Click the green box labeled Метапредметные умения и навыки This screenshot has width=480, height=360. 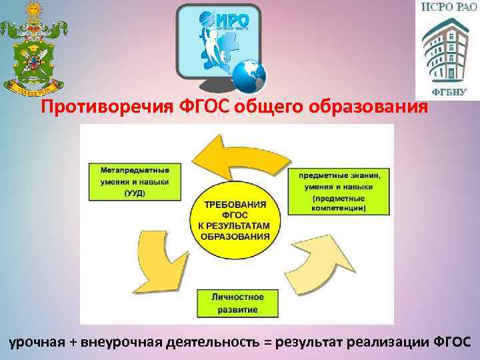click(134, 181)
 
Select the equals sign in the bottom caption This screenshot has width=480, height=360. click(268, 342)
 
